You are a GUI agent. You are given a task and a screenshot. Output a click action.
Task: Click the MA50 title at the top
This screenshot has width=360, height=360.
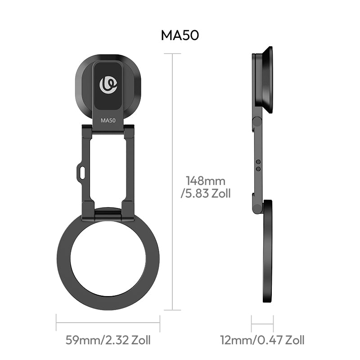point(180,36)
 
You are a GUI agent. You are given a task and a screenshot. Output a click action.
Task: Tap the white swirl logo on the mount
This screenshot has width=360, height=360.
point(108,85)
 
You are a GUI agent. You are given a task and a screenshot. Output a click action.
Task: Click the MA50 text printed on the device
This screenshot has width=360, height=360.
point(108,120)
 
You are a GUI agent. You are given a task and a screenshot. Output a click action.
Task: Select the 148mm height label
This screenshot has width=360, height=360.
point(206,181)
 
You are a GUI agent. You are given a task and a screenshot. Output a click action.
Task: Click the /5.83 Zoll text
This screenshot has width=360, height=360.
point(206,193)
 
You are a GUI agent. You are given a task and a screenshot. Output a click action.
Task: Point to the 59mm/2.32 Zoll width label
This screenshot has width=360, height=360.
point(108,340)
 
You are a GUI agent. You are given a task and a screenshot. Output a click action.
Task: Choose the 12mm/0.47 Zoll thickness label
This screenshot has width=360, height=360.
point(262,340)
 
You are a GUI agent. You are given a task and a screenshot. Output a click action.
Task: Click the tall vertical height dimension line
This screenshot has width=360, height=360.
point(172,216)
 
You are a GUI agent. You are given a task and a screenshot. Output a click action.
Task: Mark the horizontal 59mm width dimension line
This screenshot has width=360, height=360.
point(108,323)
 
